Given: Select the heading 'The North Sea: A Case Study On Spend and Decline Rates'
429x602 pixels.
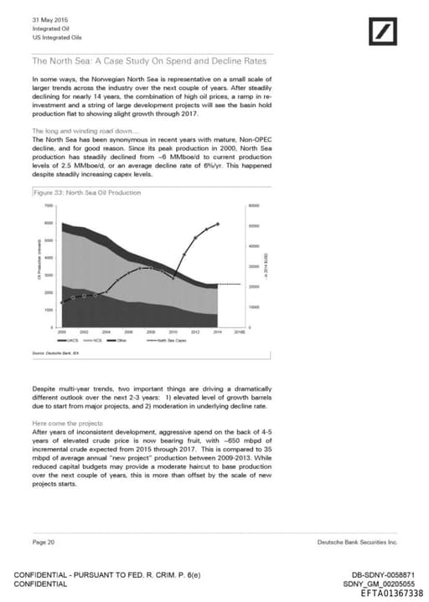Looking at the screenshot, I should [148, 61].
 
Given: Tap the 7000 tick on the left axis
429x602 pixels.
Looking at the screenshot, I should [49, 205].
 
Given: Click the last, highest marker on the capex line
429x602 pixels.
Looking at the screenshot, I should [219, 224].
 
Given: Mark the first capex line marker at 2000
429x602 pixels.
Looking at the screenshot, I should [62, 301].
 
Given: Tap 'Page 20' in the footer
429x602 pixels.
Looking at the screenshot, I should [44, 543].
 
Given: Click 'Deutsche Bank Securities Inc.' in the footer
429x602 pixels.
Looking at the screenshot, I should [356, 543].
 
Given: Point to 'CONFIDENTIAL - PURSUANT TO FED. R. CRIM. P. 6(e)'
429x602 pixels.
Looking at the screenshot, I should [108, 575].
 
